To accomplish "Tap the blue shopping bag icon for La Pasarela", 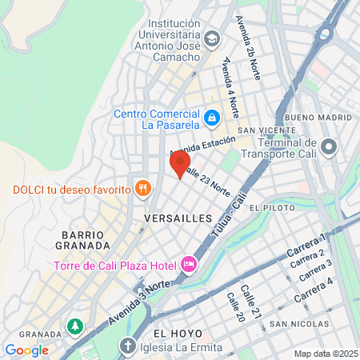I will [x=211, y=118].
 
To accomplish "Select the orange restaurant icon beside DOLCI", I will [x=142, y=189].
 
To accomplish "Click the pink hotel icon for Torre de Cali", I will [x=189, y=264].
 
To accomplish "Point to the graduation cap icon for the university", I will [x=211, y=38].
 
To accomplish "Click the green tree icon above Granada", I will [x=74, y=326].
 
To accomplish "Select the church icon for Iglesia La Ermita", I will [x=127, y=347].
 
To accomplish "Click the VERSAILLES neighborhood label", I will [x=178, y=218].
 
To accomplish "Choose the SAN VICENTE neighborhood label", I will [x=257, y=130].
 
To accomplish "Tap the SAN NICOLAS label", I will [x=298, y=324].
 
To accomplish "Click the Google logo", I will [x=26, y=350].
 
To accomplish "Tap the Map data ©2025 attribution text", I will [x=323, y=354].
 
